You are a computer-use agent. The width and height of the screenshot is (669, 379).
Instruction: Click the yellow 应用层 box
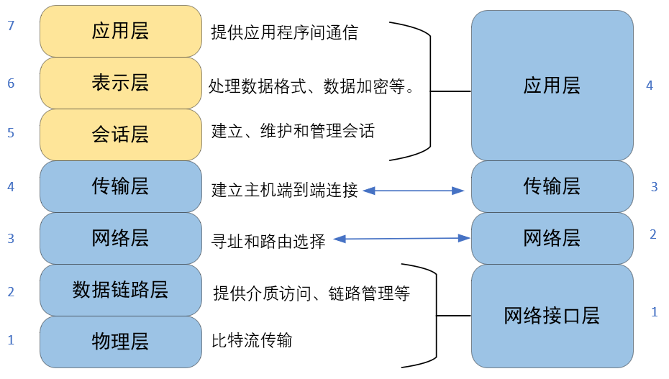click(x=121, y=31)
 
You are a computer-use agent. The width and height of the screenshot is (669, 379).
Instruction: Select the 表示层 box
click(x=121, y=83)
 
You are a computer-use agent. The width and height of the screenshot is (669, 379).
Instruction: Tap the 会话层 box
click(x=121, y=134)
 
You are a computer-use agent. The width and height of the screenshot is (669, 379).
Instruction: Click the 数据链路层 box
click(x=121, y=290)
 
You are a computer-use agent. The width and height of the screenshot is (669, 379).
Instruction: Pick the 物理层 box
click(x=121, y=341)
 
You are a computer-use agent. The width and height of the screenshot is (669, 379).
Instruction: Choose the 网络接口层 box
click(x=552, y=315)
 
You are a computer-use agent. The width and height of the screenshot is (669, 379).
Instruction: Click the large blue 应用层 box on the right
click(x=552, y=86)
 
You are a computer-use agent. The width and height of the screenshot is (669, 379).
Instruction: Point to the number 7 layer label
click(x=10, y=27)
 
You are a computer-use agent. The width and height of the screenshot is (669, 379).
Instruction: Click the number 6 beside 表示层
click(x=10, y=84)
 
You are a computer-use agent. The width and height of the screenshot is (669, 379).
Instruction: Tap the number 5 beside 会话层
click(x=10, y=133)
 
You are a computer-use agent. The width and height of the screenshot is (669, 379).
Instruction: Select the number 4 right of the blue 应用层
click(x=650, y=86)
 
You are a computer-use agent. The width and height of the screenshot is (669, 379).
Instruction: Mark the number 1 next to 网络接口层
click(x=655, y=312)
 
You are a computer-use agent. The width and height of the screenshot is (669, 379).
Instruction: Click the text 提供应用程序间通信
click(x=284, y=32)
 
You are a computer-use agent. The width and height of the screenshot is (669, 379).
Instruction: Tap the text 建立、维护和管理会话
click(x=293, y=132)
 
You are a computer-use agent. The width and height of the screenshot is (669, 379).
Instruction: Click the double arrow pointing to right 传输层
click(x=414, y=191)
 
